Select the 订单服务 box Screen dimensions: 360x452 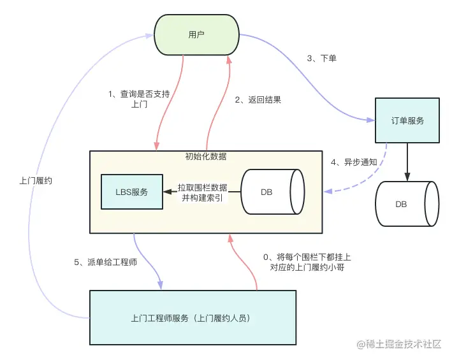click(x=407, y=120)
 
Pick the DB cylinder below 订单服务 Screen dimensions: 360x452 click(x=407, y=204)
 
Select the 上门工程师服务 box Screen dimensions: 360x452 click(x=193, y=317)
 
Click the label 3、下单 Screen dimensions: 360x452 click(x=321, y=59)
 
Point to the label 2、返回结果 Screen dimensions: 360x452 click(x=258, y=99)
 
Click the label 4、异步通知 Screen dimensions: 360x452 click(x=354, y=162)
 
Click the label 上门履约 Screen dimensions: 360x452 click(x=36, y=181)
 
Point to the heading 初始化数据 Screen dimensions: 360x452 click(x=206, y=157)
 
